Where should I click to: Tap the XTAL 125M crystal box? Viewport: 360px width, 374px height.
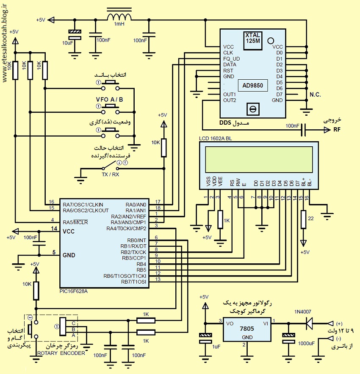point(253,41)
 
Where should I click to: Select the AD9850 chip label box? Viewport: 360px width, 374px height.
point(253,85)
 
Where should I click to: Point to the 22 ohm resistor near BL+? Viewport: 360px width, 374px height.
point(303,219)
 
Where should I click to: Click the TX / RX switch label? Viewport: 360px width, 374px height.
point(110,174)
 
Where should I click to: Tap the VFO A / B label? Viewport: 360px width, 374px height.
point(109,100)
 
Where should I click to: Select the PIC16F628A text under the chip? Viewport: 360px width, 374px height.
point(74,291)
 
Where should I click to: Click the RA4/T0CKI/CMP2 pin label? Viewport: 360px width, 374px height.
point(126,229)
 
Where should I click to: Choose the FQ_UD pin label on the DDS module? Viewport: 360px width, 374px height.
point(231,59)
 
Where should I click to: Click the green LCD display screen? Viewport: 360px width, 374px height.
point(259,159)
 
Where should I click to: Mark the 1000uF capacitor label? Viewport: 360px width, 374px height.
point(306,343)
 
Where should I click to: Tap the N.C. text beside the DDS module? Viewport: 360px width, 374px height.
point(315,95)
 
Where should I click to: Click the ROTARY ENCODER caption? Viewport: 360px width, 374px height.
point(61,353)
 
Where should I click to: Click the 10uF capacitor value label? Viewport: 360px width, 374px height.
point(68,43)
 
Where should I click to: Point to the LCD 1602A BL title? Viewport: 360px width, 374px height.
point(216,139)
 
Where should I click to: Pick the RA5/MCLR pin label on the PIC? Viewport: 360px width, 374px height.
point(75,222)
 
